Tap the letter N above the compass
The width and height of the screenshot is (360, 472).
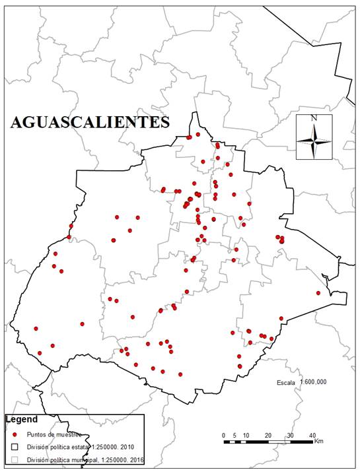click(314, 118)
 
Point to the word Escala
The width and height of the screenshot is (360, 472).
click(286, 382)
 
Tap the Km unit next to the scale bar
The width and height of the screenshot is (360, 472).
click(318, 440)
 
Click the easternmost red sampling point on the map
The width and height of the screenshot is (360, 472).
click(318, 293)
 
